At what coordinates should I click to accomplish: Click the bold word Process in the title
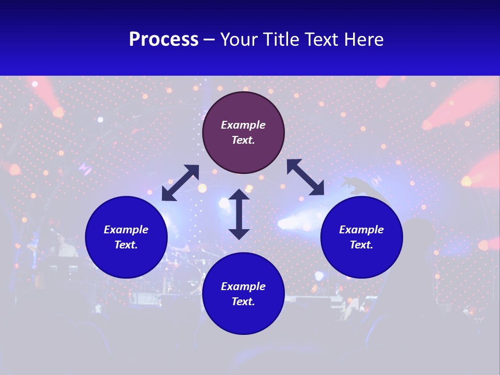[x=164, y=40]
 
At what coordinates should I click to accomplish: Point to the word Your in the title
[x=241, y=40]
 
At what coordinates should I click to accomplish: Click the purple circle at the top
[x=243, y=133]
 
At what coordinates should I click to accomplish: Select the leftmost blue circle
[x=126, y=237]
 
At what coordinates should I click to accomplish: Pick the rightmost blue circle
[x=361, y=237]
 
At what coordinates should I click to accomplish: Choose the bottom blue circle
[x=243, y=294]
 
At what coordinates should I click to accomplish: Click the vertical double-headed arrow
[x=239, y=214]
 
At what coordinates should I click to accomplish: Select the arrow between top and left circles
[x=180, y=183]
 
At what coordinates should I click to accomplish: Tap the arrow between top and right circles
[x=305, y=177]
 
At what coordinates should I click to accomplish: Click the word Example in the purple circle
[x=243, y=125]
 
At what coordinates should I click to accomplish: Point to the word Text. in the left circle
[x=126, y=245]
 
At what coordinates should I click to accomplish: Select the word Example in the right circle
[x=361, y=230]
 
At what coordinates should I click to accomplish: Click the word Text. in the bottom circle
[x=243, y=302]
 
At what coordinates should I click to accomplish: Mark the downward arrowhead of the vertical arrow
[x=239, y=233]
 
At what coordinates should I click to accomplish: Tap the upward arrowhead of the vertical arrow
[x=239, y=195]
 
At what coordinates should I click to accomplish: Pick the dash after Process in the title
[x=209, y=40]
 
